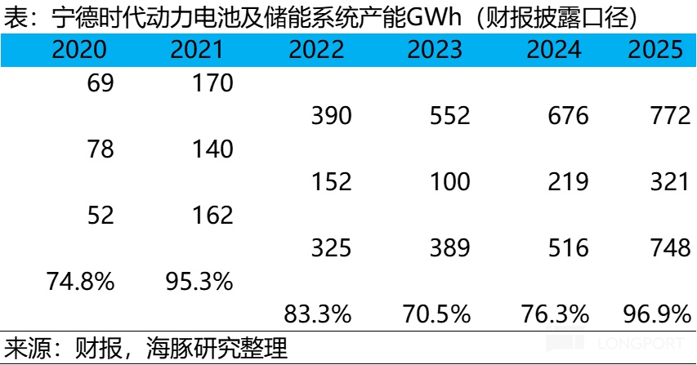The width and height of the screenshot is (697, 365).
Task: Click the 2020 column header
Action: pos(79,51)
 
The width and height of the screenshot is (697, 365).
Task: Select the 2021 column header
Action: pos(196,51)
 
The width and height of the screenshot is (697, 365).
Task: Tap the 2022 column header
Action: pos(315,51)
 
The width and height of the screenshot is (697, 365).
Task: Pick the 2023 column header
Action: pos(433,51)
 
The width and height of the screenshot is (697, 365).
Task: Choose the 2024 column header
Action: pos(553,51)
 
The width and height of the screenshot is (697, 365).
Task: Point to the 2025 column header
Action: pos(655,51)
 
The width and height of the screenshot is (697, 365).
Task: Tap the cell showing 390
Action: pos(331,117)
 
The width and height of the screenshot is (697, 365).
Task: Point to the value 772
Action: pos(670,117)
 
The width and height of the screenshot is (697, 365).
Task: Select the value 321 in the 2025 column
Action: pos(670,183)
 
